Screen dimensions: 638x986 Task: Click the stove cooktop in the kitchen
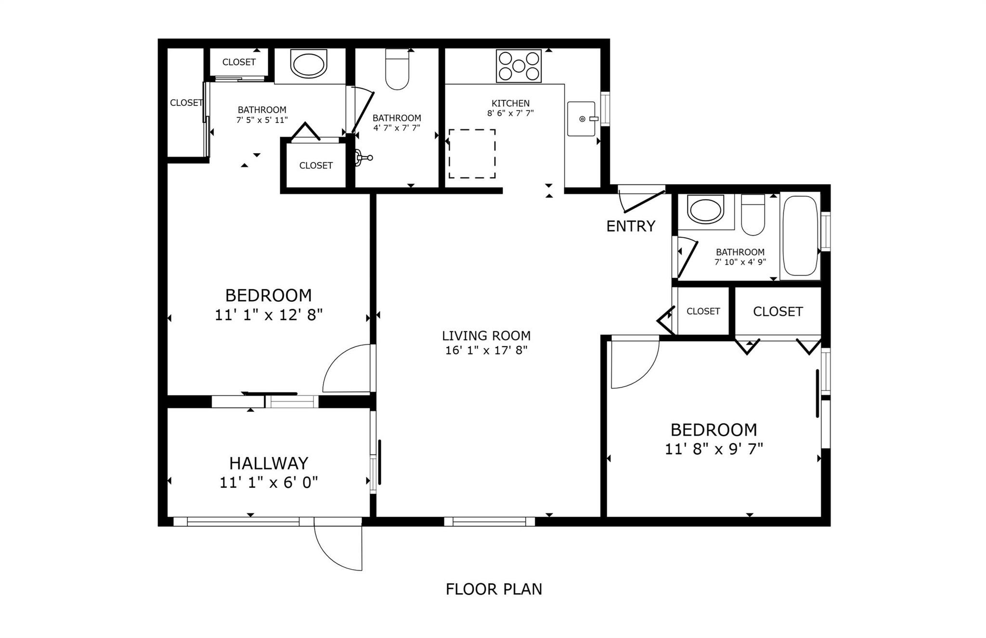point(519,66)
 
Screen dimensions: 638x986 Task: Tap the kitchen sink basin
point(581,118)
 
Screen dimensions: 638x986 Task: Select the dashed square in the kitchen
point(472,154)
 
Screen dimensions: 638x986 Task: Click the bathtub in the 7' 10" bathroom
point(800,236)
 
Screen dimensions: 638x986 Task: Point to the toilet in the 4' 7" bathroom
point(397,71)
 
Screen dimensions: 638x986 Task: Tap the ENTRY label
point(630,226)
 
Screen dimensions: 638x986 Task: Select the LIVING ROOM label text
point(486,336)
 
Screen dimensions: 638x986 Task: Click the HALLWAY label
point(268,463)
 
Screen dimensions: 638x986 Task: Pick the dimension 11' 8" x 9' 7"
point(714,449)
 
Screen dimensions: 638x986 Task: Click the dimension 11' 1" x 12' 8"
point(268,315)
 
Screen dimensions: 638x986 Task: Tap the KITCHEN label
point(510,103)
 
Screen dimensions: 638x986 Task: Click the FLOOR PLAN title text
point(493,589)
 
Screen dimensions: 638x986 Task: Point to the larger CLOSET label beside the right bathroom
point(778,312)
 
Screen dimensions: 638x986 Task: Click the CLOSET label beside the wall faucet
point(316,166)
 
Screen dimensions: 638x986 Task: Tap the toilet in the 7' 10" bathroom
point(752,216)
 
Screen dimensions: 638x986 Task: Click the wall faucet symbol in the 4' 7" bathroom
point(363,157)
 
